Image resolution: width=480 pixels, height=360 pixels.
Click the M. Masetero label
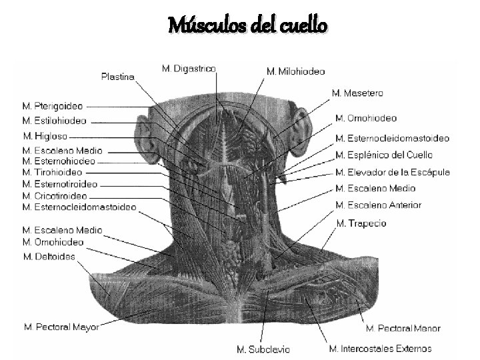(357, 93)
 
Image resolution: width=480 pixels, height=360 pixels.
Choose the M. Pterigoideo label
(53, 105)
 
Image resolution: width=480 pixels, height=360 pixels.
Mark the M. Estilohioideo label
(54, 121)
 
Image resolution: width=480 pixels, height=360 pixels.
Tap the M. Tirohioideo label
(53, 172)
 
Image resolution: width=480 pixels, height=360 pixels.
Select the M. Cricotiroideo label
(55, 196)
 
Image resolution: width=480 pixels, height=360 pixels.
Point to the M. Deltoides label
(49, 256)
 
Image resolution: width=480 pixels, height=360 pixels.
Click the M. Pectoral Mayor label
(61, 327)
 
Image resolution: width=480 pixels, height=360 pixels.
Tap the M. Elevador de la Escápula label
(393, 172)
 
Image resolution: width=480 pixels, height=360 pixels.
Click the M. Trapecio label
(362, 223)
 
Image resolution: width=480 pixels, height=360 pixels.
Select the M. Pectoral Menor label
(403, 329)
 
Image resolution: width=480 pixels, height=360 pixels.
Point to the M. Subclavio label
(264, 349)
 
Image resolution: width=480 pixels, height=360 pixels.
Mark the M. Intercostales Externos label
(380, 348)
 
